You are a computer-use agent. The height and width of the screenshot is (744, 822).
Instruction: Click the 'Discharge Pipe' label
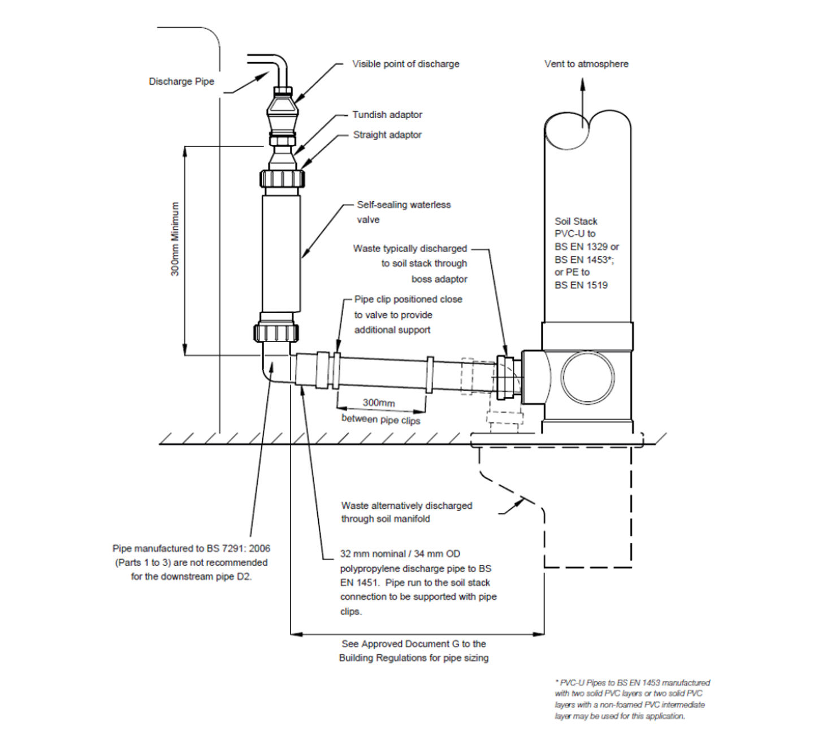pos(181,81)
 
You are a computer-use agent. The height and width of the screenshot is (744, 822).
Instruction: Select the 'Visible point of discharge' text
pos(405,64)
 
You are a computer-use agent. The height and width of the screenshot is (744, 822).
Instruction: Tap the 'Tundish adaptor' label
pos(387,115)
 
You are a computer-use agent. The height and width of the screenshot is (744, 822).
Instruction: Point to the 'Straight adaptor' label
pos(387,135)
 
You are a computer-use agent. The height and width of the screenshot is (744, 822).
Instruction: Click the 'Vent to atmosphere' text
pos(586,64)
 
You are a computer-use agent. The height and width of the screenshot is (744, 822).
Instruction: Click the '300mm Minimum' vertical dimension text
pos(175,239)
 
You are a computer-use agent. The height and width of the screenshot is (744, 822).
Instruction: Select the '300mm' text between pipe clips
pos(379,403)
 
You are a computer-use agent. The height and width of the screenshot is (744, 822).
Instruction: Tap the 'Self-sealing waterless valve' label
pos(403,212)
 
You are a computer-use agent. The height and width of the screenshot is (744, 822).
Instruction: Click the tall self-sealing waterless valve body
pos(281,252)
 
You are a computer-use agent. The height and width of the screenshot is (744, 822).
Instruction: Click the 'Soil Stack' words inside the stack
pos(576,221)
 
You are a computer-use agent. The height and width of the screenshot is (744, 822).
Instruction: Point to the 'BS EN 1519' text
pos(581,286)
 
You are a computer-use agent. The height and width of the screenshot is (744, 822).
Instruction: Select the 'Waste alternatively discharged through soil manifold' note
pos(406,512)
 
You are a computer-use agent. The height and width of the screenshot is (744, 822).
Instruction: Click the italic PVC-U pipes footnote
pos(631,699)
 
